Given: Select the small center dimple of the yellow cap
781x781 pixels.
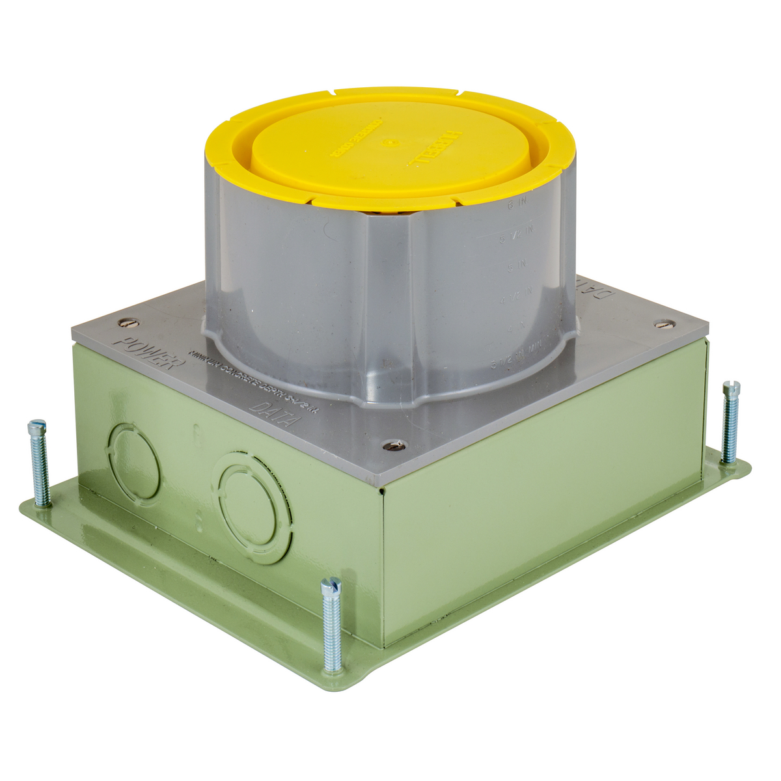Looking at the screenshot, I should click(x=389, y=143).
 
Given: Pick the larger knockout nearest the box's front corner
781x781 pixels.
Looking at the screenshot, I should click(x=254, y=508).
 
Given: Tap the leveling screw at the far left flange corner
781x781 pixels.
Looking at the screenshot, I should click(x=38, y=463).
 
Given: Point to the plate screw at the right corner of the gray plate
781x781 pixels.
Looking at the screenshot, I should click(x=663, y=322).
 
